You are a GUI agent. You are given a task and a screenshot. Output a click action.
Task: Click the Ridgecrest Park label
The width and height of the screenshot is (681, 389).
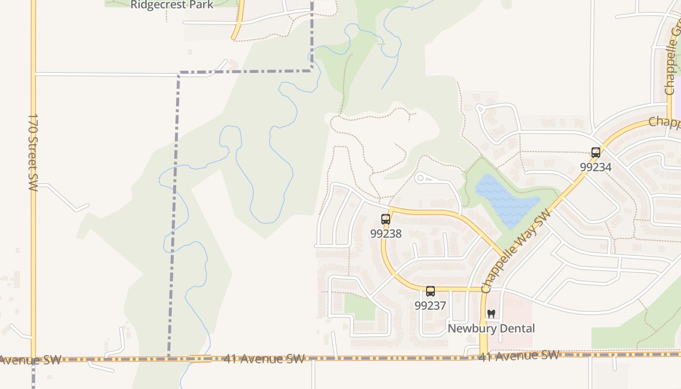point(172,5)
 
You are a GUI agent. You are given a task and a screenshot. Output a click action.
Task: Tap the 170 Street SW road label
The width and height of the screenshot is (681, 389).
point(33,152)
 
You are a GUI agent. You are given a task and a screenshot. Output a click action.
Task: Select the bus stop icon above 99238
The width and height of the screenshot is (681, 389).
point(386,219)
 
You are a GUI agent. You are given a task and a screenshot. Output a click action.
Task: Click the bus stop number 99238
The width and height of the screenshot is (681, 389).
point(386,234)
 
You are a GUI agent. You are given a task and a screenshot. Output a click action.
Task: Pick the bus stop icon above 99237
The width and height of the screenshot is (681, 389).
point(430,291)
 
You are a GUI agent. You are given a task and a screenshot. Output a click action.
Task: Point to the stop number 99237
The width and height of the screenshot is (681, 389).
point(430,305)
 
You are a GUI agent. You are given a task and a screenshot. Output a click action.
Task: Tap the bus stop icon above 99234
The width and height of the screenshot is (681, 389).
point(596,152)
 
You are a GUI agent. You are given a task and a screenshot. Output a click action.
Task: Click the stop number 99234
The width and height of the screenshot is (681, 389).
point(595,167)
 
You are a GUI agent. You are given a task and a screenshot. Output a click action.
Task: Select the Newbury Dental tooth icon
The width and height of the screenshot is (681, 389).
point(491,314)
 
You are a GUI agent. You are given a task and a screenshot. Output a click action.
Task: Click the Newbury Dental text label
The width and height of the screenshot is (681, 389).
point(491,329)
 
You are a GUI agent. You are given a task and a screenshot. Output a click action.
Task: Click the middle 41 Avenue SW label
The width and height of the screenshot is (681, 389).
point(264,359)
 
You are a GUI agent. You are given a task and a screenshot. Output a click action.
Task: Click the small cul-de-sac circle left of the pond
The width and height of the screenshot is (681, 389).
point(421,178)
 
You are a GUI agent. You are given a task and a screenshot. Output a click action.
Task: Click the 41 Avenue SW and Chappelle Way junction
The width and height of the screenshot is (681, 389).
point(483,357)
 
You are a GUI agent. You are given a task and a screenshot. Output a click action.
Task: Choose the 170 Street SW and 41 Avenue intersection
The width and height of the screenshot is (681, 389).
point(33,359)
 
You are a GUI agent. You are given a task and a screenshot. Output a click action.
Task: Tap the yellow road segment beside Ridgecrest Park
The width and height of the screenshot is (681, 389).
point(238,22)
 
